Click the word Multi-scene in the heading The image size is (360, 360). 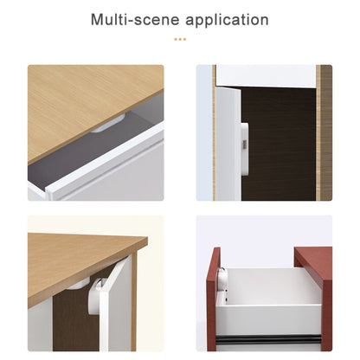tap(132, 20)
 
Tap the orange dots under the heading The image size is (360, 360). tap(180, 39)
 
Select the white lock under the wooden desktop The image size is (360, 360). tap(108, 125)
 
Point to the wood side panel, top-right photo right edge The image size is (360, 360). tap(325, 130)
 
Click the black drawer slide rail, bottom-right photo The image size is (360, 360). tap(268, 337)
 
